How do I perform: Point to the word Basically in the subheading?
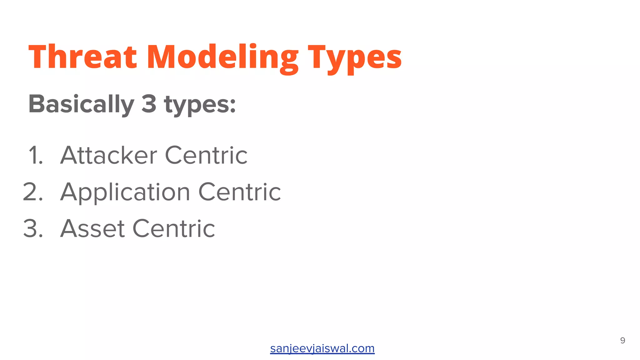point(81,104)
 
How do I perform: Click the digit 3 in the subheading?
point(149,104)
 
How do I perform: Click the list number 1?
point(35,155)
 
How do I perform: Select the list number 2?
point(33,192)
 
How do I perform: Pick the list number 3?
point(33,228)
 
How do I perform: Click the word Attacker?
point(108,155)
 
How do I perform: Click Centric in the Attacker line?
point(206,155)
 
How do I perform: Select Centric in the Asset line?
point(174,228)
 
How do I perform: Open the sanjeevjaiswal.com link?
point(322,348)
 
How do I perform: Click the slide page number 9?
point(622,340)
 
